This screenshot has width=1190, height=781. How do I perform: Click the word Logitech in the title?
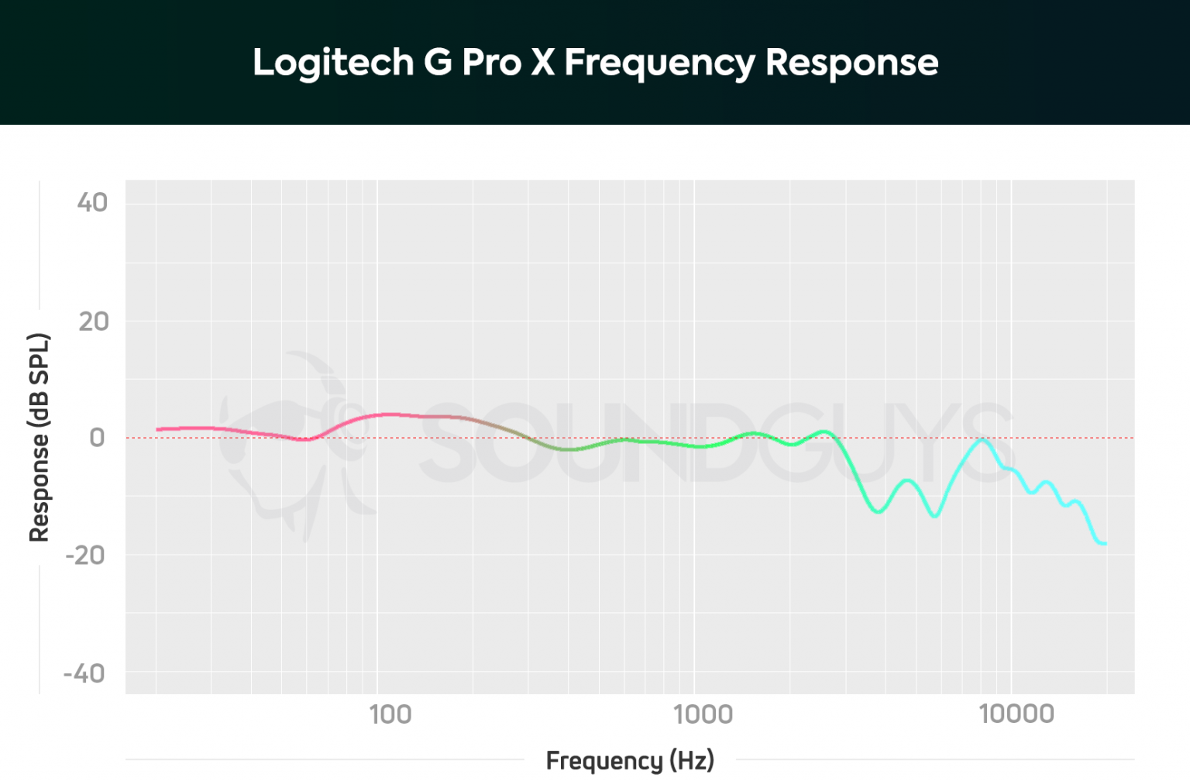click(333, 63)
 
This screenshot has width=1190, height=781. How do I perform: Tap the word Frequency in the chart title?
click(659, 63)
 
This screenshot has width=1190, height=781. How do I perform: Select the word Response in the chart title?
click(851, 63)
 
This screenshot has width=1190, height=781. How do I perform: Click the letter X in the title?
click(542, 62)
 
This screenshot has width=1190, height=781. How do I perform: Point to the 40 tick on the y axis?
click(92, 203)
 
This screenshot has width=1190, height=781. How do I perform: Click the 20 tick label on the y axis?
click(93, 322)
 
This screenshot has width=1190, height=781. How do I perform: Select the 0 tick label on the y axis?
click(97, 438)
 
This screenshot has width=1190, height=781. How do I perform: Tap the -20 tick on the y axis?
click(85, 556)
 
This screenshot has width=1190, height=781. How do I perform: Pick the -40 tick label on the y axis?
click(84, 673)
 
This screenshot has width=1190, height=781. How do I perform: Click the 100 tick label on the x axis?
click(390, 714)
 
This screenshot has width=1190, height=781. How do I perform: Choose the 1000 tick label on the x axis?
click(703, 714)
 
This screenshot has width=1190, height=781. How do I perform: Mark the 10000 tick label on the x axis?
click(1016, 714)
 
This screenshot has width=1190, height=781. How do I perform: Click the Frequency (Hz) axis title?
click(630, 760)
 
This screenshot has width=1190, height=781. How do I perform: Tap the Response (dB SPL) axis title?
click(39, 438)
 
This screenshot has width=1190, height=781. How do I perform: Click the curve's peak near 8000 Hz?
click(982, 440)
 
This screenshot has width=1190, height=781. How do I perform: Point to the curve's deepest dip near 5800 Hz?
click(935, 515)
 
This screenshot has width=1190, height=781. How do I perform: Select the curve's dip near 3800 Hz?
click(878, 511)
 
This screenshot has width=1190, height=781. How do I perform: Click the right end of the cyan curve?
click(1105, 544)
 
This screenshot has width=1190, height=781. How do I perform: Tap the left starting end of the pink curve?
click(158, 429)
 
